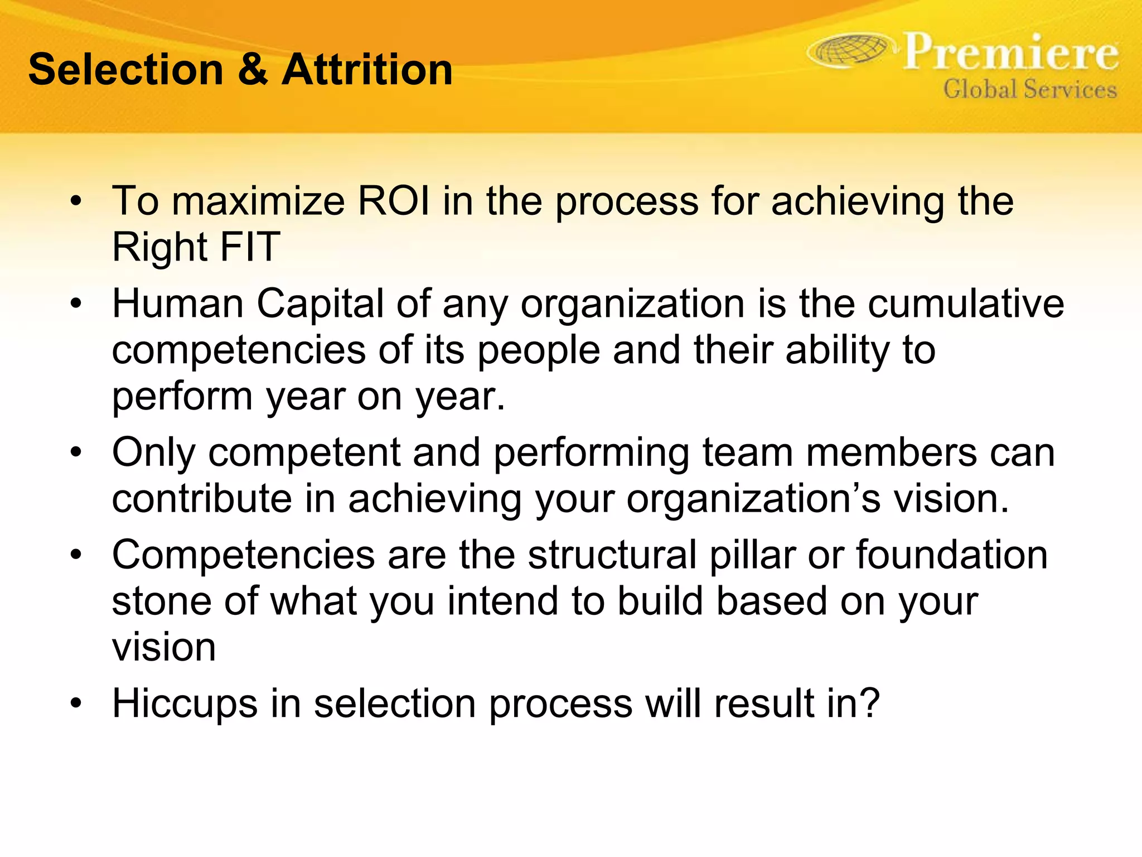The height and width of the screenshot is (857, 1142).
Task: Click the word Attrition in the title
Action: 367,70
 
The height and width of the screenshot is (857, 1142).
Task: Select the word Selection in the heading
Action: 125,70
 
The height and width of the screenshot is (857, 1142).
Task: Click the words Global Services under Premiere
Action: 1029,89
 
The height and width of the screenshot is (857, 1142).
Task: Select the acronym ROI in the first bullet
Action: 394,201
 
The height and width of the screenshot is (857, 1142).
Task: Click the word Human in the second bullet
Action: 178,304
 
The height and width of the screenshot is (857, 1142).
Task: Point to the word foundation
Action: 952,555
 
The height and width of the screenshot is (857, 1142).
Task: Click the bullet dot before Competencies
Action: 76,555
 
